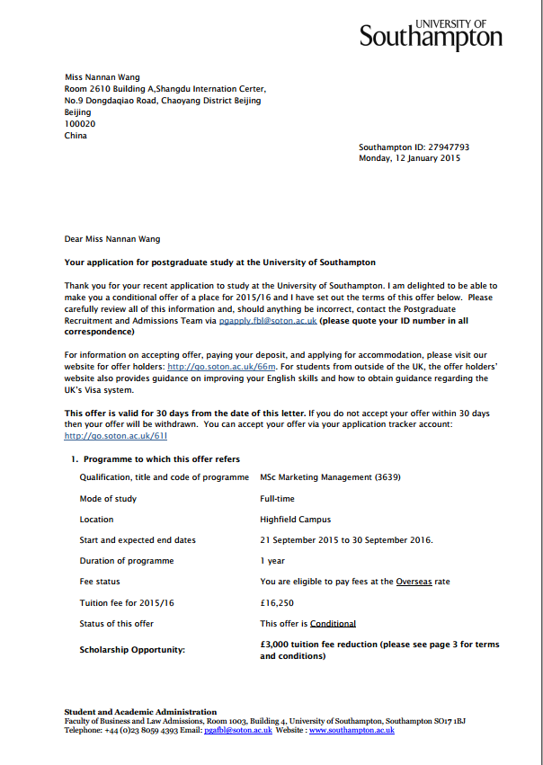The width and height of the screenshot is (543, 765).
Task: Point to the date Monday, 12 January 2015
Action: pyautogui.click(x=409, y=158)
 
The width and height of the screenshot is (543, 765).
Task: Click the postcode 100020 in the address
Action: pyautogui.click(x=79, y=124)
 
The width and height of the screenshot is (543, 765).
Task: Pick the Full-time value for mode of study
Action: pyautogui.click(x=277, y=498)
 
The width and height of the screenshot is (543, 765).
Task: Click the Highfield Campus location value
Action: pyautogui.click(x=295, y=520)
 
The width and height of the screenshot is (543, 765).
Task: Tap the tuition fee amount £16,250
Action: pyautogui.click(x=277, y=602)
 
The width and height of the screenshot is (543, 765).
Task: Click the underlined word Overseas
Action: pyautogui.click(x=414, y=582)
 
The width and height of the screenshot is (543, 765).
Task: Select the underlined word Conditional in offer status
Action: pyautogui.click(x=333, y=624)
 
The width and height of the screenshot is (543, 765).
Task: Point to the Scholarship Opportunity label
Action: pyautogui.click(x=132, y=650)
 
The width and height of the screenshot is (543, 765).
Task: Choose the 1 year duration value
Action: pyautogui.click(x=272, y=561)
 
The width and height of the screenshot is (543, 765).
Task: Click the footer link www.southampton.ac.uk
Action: pyautogui.click(x=352, y=731)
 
